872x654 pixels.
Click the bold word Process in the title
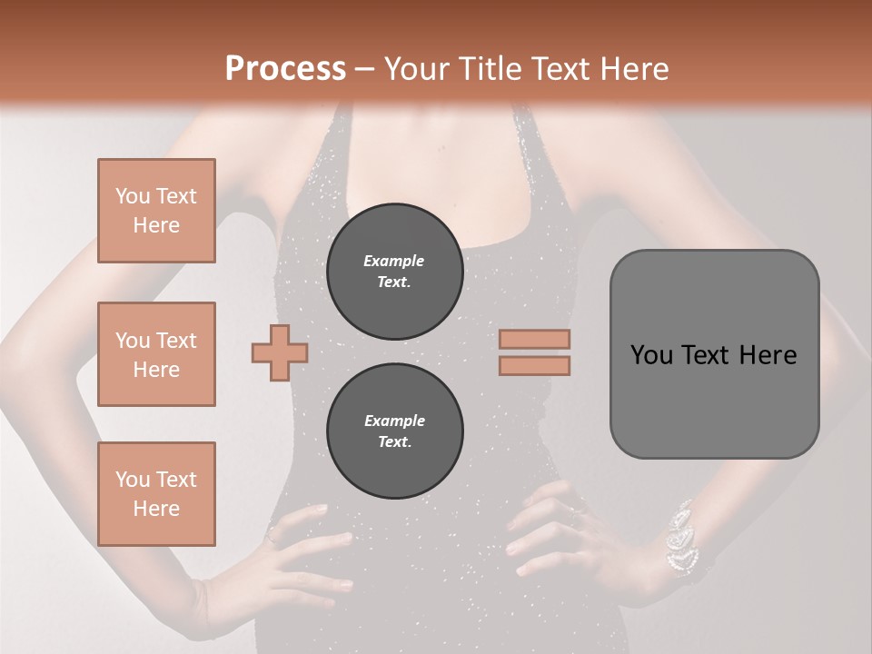click(x=285, y=69)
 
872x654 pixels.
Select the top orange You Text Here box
click(x=156, y=211)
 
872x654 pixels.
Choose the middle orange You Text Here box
click(x=156, y=354)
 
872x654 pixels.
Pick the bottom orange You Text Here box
click(x=156, y=494)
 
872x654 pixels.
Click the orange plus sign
click(x=279, y=352)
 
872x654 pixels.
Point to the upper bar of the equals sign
click(x=535, y=339)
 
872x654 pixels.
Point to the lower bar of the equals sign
click(x=535, y=365)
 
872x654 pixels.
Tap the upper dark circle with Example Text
click(x=394, y=272)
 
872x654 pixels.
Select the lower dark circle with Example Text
click(x=394, y=431)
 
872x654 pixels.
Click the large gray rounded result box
click(x=714, y=354)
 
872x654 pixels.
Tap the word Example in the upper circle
click(x=393, y=261)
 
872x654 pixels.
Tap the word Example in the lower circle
click(x=393, y=421)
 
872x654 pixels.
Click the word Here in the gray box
click(x=768, y=355)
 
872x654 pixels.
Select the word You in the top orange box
click(x=133, y=196)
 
